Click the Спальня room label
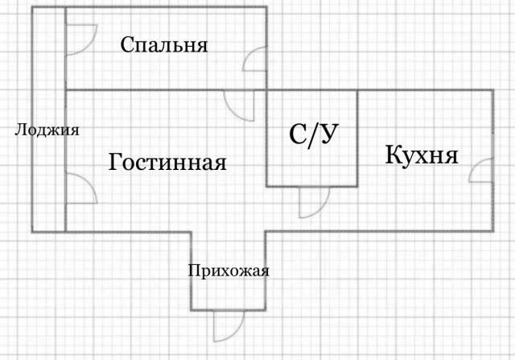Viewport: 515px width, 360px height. pyautogui.click(x=164, y=45)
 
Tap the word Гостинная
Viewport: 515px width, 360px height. pyautogui.click(x=167, y=162)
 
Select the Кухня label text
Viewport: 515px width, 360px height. pyautogui.click(x=422, y=155)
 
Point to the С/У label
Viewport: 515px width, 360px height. pyautogui.click(x=313, y=134)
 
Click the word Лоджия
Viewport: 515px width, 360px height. pyautogui.click(x=47, y=130)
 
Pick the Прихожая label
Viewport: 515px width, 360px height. pyautogui.click(x=229, y=271)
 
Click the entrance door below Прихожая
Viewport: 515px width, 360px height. pyautogui.click(x=229, y=326)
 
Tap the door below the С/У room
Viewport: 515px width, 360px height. pyautogui.click(x=314, y=202)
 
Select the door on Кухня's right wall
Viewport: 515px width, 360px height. pyautogui.click(x=481, y=170)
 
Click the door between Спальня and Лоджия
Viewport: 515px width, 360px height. pyautogui.click(x=81, y=39)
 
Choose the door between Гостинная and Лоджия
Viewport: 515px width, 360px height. pyautogui.click(x=81, y=188)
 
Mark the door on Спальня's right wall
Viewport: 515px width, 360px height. pyautogui.click(x=254, y=59)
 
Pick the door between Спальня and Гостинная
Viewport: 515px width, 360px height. pyautogui.click(x=239, y=106)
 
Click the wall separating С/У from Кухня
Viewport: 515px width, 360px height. pyautogui.click(x=357, y=139)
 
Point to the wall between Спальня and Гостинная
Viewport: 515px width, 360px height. pyautogui.click(x=166, y=89)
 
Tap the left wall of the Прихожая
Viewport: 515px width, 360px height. pyautogui.click(x=191, y=271)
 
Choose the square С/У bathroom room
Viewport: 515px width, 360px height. pyautogui.click(x=312, y=139)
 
